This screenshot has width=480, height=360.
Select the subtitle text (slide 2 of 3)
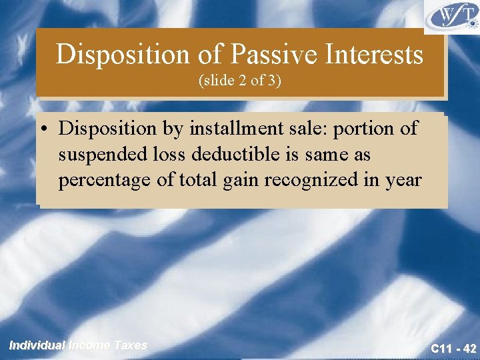[239, 81]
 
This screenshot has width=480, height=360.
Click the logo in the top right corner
[452, 17]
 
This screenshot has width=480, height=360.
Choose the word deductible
[225, 155]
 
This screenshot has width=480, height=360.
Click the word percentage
[101, 181]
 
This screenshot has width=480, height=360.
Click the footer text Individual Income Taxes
[78, 345]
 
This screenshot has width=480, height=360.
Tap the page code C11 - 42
[453, 348]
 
